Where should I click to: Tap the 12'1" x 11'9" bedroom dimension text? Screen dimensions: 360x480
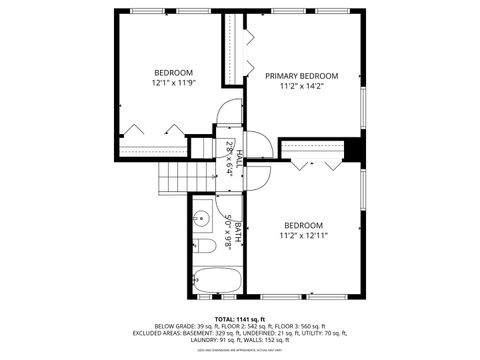click(173, 84)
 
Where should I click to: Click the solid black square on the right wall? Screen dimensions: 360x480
click(353, 149)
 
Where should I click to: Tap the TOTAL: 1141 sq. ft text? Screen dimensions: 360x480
click(240, 319)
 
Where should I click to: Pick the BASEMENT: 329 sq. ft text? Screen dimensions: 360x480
click(216, 333)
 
